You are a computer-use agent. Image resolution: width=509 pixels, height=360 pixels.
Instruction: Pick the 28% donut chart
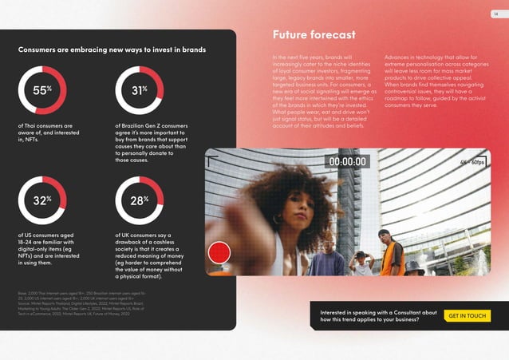point(140,200)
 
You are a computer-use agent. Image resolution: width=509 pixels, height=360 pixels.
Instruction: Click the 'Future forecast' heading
point(314,35)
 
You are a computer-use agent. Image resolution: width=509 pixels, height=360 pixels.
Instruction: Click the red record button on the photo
point(219,254)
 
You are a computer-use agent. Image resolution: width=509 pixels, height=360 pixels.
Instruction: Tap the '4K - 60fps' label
point(472,162)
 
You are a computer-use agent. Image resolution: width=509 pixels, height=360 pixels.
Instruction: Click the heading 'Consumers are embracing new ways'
point(112,49)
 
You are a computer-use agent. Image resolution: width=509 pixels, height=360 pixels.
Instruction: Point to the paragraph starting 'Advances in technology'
point(436,82)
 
